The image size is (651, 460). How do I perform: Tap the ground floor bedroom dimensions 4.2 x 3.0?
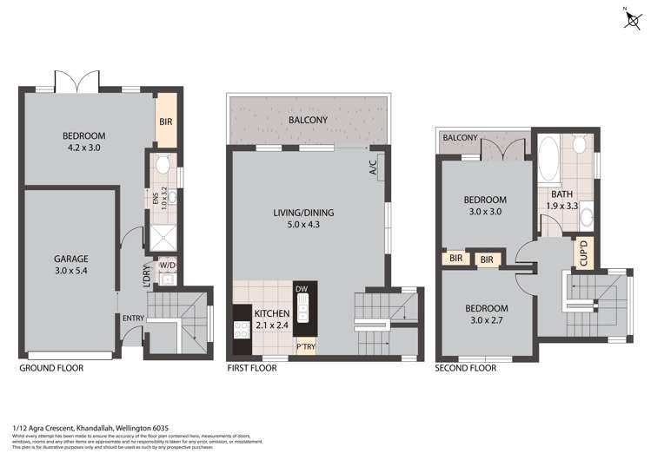[83, 148]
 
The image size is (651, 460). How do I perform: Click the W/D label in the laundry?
[168, 264]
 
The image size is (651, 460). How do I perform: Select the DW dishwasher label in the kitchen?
[302, 289]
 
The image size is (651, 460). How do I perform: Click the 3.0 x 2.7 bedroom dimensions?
[487, 320]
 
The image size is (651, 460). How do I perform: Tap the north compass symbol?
[631, 20]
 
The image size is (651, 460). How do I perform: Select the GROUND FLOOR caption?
[50, 368]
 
